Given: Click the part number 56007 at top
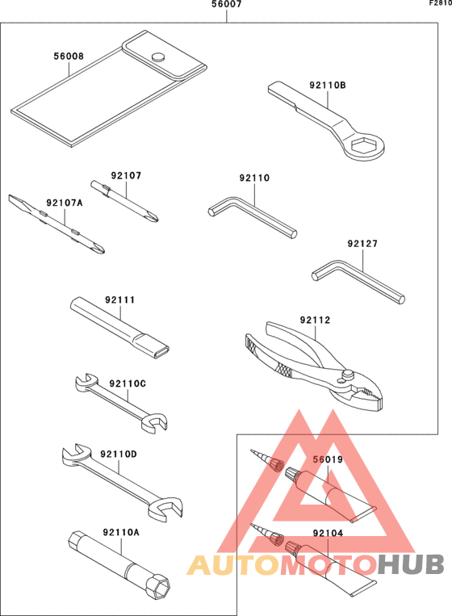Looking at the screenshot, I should click(x=226, y=5).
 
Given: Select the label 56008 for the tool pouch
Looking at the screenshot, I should click(x=69, y=57).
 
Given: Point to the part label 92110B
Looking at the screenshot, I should click(x=327, y=84).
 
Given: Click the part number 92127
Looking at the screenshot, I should click(x=362, y=243).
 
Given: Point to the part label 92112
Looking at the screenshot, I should click(x=315, y=320).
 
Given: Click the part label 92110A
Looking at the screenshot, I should click(x=121, y=532).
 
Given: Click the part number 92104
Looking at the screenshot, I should click(x=329, y=534).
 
